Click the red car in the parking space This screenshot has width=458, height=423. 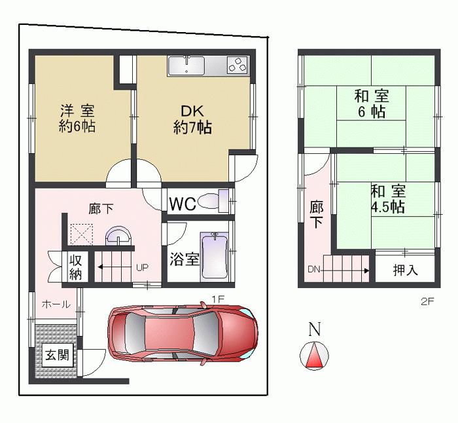(x=183, y=333)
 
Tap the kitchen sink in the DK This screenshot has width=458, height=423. (x=186, y=65)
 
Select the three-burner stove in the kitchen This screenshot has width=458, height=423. (x=238, y=65)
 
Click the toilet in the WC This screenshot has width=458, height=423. (x=212, y=201)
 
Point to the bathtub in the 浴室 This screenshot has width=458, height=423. (x=214, y=256)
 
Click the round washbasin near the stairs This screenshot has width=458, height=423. (x=118, y=237)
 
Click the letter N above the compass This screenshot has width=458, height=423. (x=315, y=330)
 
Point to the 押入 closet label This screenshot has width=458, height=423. (x=405, y=270)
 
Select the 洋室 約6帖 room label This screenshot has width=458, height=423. (x=77, y=119)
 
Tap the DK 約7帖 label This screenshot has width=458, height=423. (x=192, y=119)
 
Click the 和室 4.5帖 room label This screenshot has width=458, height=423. (x=387, y=199)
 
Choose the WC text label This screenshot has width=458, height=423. (x=183, y=204)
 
